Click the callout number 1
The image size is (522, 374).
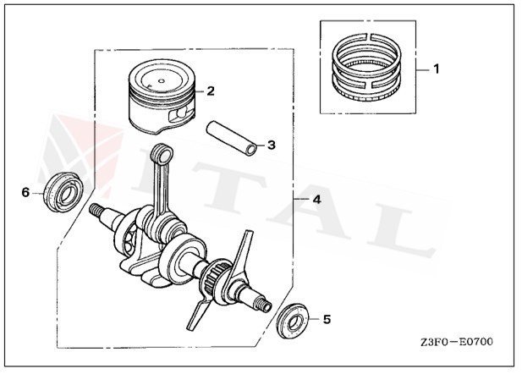437,67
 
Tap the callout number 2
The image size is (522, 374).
210,90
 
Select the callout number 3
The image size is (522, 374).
271,145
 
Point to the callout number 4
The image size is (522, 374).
316,200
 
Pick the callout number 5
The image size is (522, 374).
327,320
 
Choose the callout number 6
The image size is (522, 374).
25,193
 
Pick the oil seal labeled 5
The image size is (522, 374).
294,321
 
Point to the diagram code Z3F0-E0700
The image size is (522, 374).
456,343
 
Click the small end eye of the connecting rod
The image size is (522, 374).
162,154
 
